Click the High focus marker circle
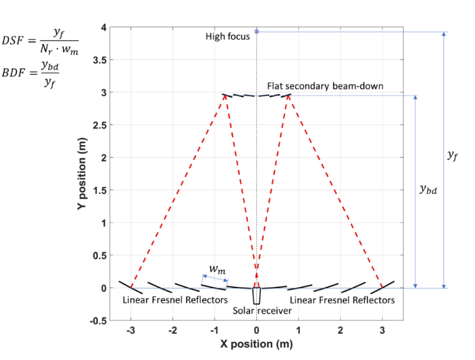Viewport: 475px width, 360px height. [257, 31]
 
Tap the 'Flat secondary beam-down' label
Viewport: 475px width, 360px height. [325, 86]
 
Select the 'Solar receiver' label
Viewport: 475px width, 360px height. [262, 310]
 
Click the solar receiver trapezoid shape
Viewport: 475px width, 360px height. [256, 296]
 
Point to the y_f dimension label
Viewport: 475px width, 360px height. [452, 155]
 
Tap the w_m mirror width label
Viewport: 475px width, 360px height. [217, 270]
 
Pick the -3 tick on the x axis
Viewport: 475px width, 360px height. [130, 331]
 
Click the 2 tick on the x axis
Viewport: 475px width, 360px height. [340, 331]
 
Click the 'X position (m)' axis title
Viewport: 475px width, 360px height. [257, 345]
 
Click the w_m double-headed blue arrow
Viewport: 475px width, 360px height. [215, 279]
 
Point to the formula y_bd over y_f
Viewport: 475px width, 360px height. [53, 75]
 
